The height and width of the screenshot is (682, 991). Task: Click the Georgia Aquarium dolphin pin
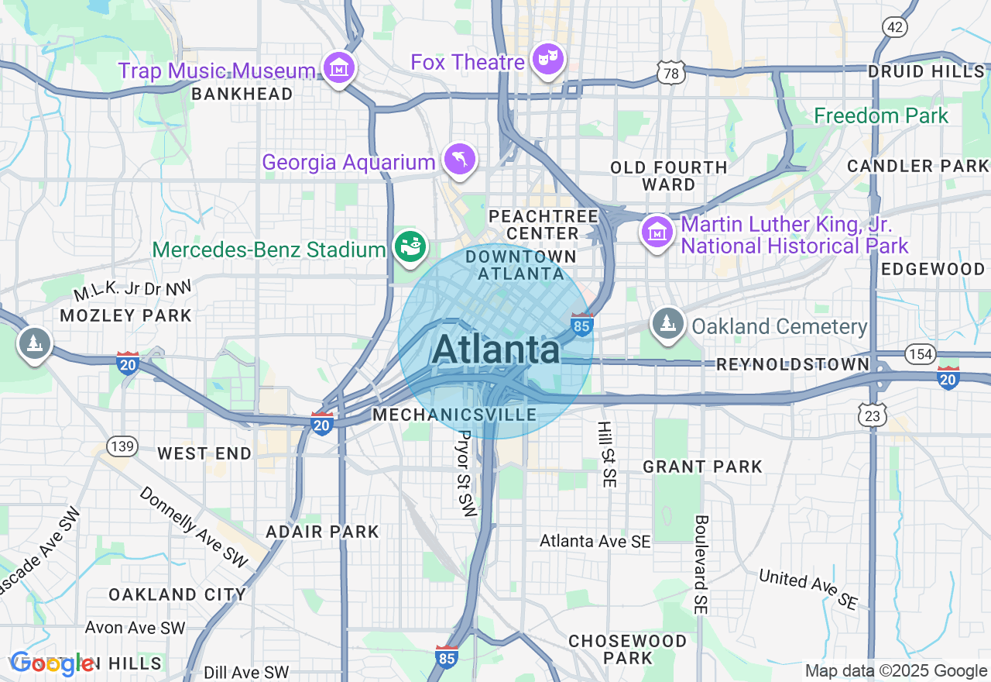460,160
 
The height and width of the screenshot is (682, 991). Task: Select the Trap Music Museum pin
339,69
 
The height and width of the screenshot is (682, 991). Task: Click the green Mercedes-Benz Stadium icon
409,247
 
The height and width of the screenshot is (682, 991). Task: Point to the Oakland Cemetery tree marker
667,323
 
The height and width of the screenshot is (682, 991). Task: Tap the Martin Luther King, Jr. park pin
657,232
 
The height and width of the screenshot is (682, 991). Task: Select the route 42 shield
894,27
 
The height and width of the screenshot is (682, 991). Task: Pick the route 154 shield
921,354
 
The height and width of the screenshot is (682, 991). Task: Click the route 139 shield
123,446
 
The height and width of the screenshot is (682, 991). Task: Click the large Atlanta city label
495,350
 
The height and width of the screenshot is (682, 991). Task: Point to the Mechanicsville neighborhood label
454,415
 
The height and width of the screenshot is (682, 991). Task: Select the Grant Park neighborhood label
702,467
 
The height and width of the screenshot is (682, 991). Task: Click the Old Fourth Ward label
668,176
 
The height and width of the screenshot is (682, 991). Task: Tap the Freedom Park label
881,116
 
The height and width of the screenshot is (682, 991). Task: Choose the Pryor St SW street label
466,473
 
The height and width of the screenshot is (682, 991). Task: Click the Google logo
52,663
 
